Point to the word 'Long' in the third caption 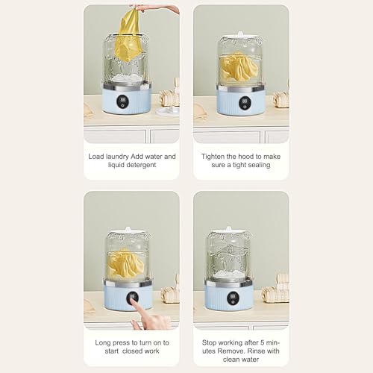[103, 343]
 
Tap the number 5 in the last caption [262, 342]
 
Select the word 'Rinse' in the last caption [255, 351]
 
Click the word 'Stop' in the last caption [209, 343]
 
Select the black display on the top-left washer [123, 101]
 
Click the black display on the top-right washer [245, 103]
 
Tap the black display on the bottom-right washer [233, 298]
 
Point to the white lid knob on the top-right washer [240, 34]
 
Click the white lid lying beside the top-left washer [167, 111]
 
